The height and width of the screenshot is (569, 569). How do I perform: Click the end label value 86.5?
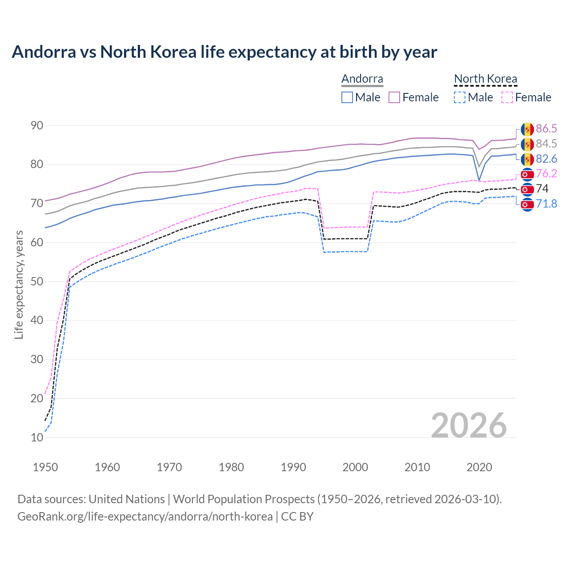[x=546, y=129]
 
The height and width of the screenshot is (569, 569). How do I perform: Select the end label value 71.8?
[x=546, y=204]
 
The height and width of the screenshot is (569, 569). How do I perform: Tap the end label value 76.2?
[x=546, y=174]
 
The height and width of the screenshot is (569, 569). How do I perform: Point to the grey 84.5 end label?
[x=546, y=144]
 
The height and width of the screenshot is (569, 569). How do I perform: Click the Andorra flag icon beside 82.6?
[x=527, y=159]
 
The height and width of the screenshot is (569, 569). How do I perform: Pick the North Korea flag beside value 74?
[x=527, y=189]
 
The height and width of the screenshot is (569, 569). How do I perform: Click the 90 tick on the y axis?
[x=37, y=126]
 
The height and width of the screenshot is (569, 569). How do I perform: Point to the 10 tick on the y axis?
[x=37, y=437]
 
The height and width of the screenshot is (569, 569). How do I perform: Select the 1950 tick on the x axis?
[x=45, y=467]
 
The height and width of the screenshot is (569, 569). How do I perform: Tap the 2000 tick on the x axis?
[x=355, y=467]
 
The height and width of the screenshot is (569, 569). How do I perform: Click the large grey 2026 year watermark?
[x=469, y=426]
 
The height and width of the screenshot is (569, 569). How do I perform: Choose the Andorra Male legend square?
[x=347, y=97]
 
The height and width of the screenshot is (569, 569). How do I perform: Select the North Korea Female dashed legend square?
[x=507, y=97]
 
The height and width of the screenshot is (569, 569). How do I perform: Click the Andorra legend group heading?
[x=362, y=79]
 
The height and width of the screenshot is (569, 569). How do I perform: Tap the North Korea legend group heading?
[x=485, y=79]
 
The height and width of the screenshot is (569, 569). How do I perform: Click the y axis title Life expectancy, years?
[x=19, y=284]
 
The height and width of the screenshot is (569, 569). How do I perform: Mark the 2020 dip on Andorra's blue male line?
[x=479, y=180]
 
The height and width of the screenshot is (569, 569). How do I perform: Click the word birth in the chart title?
[x=359, y=52]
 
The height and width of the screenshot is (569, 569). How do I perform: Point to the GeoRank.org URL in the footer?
[x=145, y=517]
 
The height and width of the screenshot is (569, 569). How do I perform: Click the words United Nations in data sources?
[x=127, y=499]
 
